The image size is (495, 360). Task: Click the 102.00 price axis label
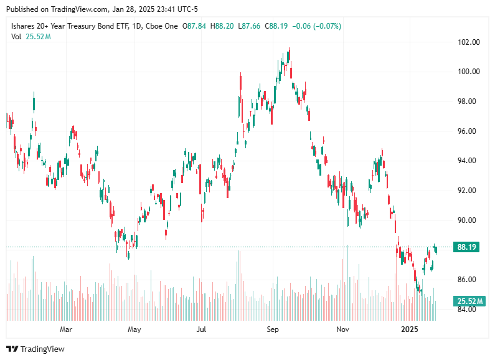click(x=469, y=42)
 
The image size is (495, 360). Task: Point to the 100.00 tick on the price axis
click(x=469, y=72)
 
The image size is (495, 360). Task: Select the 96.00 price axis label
click(x=469, y=131)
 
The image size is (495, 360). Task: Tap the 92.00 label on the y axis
click(x=469, y=191)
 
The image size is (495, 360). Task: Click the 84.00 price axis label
click(x=469, y=309)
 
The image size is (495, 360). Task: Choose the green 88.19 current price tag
click(x=467, y=247)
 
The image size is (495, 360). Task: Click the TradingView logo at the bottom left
click(x=35, y=349)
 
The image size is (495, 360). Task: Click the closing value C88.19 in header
click(x=276, y=26)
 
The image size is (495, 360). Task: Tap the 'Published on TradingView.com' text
click(x=57, y=9)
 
